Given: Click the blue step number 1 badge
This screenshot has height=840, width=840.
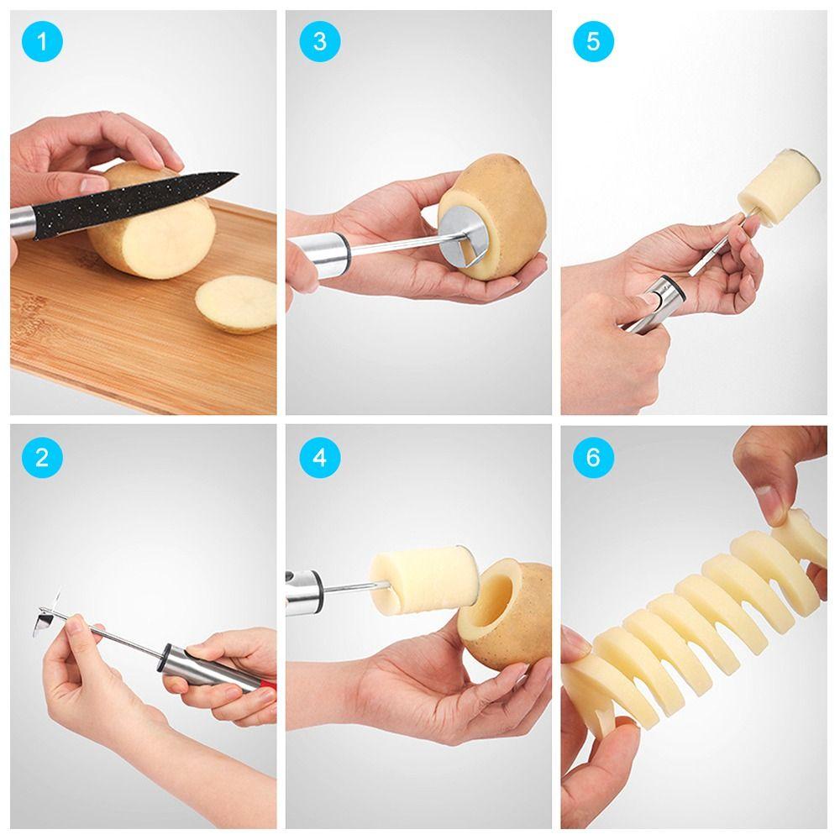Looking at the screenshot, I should [x=42, y=42].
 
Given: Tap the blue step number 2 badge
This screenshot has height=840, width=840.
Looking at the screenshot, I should [x=42, y=458].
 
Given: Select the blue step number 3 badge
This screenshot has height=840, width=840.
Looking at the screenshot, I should [x=319, y=42].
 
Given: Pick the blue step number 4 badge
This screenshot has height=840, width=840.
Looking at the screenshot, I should [x=319, y=458].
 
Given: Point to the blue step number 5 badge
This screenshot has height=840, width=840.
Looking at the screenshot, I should [x=593, y=42].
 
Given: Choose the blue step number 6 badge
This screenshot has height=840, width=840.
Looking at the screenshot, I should [x=593, y=458].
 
